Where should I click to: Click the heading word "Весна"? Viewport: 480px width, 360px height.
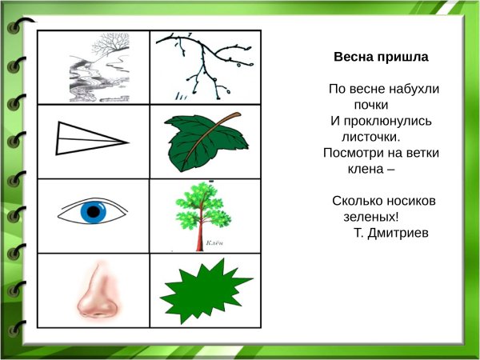point(353,58)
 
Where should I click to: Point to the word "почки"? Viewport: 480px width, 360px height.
point(370,104)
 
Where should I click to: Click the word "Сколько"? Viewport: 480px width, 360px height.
point(356,200)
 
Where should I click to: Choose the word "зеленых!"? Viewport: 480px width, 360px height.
point(371,216)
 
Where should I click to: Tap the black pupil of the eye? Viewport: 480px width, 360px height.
point(94,212)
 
